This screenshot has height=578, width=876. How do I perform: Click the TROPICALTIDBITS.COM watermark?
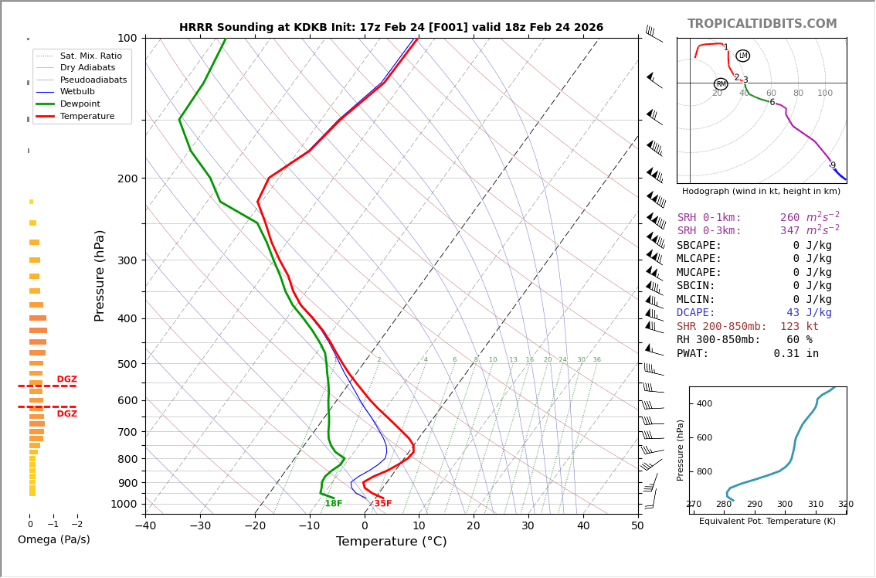762,24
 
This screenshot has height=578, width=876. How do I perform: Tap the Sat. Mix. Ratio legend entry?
90,56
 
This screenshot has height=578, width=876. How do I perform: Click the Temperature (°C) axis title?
391,542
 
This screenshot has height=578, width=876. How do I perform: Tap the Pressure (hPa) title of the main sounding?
100,275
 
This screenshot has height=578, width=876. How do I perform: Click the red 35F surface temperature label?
382,504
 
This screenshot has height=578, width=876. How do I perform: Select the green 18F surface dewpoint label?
333,504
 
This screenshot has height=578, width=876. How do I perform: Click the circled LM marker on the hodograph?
743,56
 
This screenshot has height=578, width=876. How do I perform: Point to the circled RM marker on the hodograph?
721,84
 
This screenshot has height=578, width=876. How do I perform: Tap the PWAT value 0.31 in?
796,354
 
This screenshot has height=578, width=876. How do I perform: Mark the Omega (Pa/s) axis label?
54,539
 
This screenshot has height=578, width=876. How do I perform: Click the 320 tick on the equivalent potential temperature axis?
846,505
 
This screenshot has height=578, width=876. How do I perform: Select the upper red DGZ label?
66,379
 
